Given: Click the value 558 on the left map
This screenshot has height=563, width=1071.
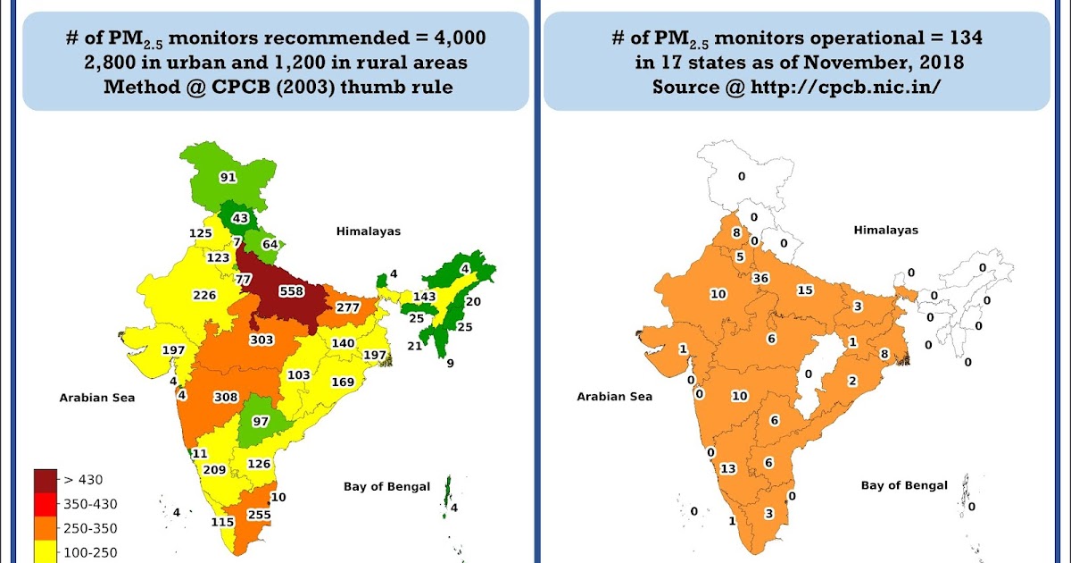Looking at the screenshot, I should [292, 290].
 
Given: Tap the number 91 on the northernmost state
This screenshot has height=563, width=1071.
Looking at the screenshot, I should [228, 177].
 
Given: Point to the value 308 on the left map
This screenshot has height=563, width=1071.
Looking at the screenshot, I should [226, 396].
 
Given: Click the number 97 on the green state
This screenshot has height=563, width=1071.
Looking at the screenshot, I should [261, 421].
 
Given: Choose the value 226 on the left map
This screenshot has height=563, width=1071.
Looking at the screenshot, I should [204, 295].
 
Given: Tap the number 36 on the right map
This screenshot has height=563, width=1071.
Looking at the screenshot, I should [761, 278].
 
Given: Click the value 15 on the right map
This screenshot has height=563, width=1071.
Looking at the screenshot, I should [805, 290].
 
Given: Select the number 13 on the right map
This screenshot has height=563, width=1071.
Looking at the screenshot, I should [728, 468].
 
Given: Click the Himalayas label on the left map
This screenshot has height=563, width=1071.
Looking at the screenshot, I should [369, 231].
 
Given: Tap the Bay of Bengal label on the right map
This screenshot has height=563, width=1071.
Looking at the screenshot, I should [904, 485].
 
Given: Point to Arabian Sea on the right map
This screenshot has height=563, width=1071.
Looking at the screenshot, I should [614, 397].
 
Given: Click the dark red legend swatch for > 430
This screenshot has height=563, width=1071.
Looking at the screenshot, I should [45, 480].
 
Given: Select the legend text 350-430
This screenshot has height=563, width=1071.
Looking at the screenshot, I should [91, 504].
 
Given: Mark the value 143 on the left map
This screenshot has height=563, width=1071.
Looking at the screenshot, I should [424, 296].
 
